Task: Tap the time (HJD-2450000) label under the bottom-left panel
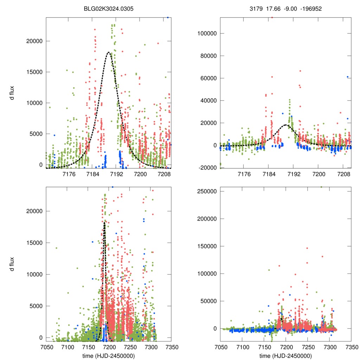click(109, 356)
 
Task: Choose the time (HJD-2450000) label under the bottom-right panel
click(285, 356)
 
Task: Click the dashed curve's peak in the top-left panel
click(109, 53)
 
